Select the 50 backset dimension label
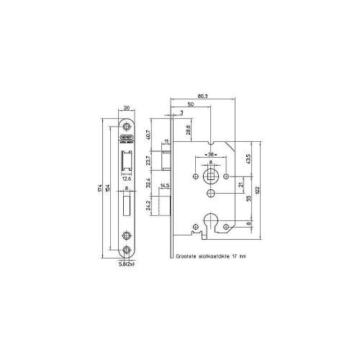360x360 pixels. point(191,104)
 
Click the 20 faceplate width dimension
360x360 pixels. point(127,108)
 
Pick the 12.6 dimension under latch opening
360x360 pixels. point(127,181)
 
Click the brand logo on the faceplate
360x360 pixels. point(127,135)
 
